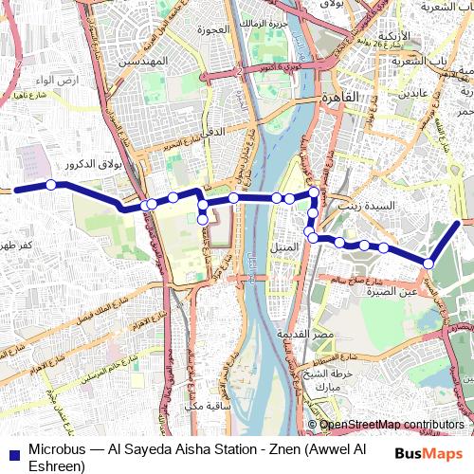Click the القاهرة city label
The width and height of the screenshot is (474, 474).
pos(337,98)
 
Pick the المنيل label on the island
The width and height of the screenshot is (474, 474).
pos(285,246)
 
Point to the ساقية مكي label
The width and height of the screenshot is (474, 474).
pos(210,406)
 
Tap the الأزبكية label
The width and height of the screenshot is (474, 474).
pos(392,36)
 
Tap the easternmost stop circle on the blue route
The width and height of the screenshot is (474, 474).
pos(428,264)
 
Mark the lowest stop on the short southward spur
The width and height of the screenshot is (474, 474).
pos(203,220)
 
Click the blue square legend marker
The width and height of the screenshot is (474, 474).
pos(13,453)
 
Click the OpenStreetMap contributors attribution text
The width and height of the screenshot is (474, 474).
pos(392,425)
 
